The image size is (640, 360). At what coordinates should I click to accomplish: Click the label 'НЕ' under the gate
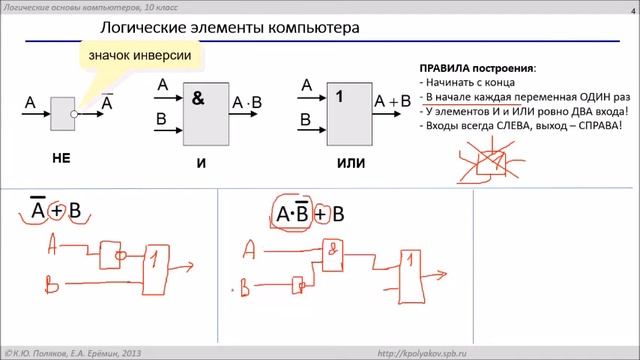coord(62,159)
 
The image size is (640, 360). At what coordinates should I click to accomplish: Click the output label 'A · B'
coord(246,102)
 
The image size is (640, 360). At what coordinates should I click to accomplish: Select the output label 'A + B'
coord(393,101)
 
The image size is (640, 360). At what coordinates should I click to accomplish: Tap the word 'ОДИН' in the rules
coord(576,97)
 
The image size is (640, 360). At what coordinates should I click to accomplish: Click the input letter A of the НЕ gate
coord(30,102)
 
